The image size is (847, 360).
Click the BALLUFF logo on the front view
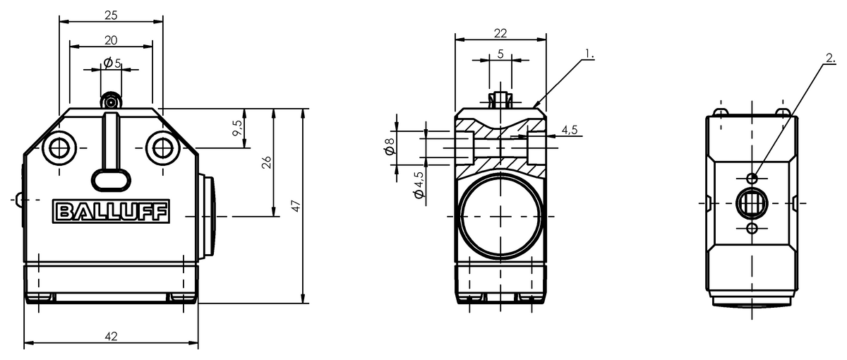point(111,211)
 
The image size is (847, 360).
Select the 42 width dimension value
point(112,336)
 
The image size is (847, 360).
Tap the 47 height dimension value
point(297,206)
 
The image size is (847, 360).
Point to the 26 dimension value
point(267,162)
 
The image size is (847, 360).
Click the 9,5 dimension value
point(237,128)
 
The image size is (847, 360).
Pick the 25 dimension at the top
point(112,16)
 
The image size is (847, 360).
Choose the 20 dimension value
point(111,40)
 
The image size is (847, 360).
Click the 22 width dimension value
point(500,34)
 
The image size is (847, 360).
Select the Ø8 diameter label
point(390,146)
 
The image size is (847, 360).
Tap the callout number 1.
point(589,54)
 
